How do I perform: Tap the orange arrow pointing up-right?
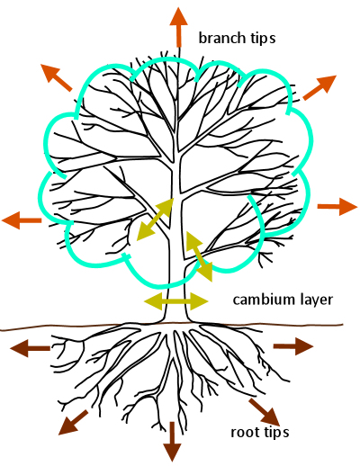click(319, 87)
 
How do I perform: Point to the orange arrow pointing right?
click(337, 207)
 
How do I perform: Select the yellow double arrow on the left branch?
click(155, 220)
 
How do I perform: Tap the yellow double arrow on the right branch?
click(198, 255)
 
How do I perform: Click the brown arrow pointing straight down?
click(171, 437)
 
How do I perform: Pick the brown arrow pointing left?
click(29, 349)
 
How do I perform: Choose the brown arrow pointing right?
click(292, 345)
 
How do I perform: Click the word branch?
click(220, 38)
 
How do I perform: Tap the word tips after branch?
click(261, 39)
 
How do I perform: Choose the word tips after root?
click(274, 433)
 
